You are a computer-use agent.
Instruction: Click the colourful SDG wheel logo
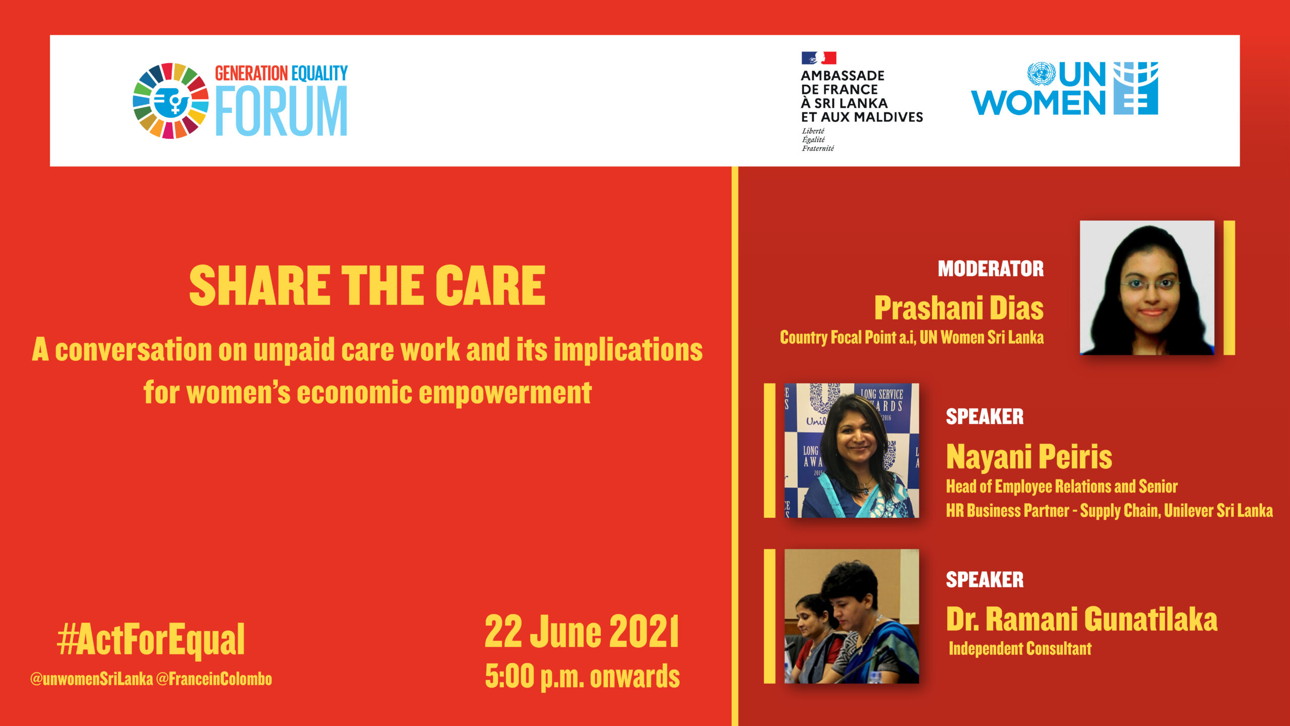[x=170, y=101]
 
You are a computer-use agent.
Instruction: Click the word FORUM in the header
[x=282, y=111]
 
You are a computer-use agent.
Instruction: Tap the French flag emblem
[x=819, y=58]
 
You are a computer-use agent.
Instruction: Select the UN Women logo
[x=1064, y=89]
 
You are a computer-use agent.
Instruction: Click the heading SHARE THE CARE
[x=367, y=286]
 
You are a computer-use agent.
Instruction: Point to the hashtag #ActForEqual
[x=151, y=639]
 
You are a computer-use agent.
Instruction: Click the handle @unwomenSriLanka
[x=91, y=679]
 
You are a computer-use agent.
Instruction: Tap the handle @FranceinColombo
[x=214, y=679]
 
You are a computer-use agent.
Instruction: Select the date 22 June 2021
[x=582, y=631]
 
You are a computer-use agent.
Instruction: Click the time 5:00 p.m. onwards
[x=583, y=676]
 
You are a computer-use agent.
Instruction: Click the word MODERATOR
[x=991, y=269]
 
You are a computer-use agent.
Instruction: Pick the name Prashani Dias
[x=959, y=308]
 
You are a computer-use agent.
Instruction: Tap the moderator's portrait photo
[x=1147, y=287]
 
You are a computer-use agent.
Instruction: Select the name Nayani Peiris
[x=1029, y=457]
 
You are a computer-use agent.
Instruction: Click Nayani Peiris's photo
[x=852, y=450]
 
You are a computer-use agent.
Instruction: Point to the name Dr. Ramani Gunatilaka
[x=1082, y=619]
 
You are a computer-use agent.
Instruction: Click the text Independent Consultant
[x=1020, y=648]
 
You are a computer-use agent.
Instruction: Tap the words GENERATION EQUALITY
[x=281, y=74]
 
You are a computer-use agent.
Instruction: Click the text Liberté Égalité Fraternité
[x=818, y=140]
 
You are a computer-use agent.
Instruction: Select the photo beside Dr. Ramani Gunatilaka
[x=852, y=616]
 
